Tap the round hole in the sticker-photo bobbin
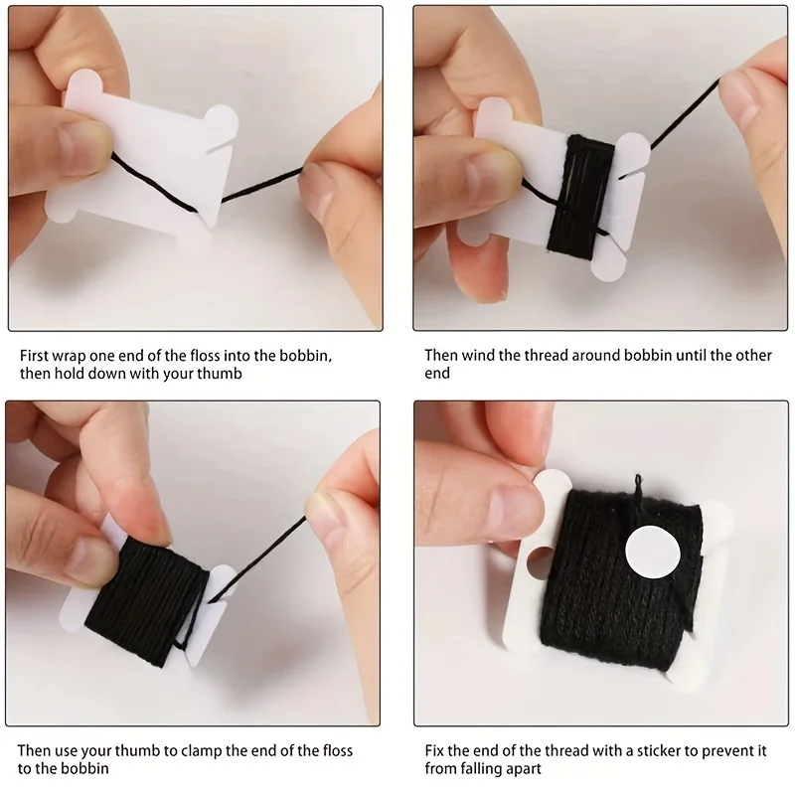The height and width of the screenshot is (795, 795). click(x=539, y=562)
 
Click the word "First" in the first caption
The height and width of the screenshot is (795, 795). click(x=34, y=356)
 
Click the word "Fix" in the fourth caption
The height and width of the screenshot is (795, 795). click(x=434, y=751)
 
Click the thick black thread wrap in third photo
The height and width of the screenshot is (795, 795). click(x=145, y=601)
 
